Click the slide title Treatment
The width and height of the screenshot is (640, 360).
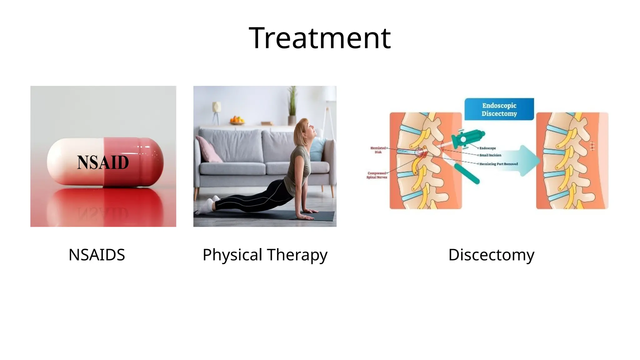(x=319, y=38)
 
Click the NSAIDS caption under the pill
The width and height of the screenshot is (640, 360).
(x=97, y=255)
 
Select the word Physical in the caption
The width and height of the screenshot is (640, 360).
(x=232, y=255)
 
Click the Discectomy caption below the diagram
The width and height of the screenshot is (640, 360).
(x=491, y=255)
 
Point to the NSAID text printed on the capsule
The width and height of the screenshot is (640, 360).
(x=103, y=162)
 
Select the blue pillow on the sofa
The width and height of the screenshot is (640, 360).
(x=318, y=149)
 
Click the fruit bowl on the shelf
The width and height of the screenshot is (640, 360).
(x=237, y=120)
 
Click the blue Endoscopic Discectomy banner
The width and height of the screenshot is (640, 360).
(x=499, y=109)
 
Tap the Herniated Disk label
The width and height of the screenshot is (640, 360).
(x=378, y=150)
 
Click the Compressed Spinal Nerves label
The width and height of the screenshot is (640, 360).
(x=377, y=175)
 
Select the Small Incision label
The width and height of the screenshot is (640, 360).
(x=490, y=155)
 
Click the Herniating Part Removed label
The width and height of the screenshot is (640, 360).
(x=498, y=164)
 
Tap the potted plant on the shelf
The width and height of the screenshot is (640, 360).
(x=292, y=106)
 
